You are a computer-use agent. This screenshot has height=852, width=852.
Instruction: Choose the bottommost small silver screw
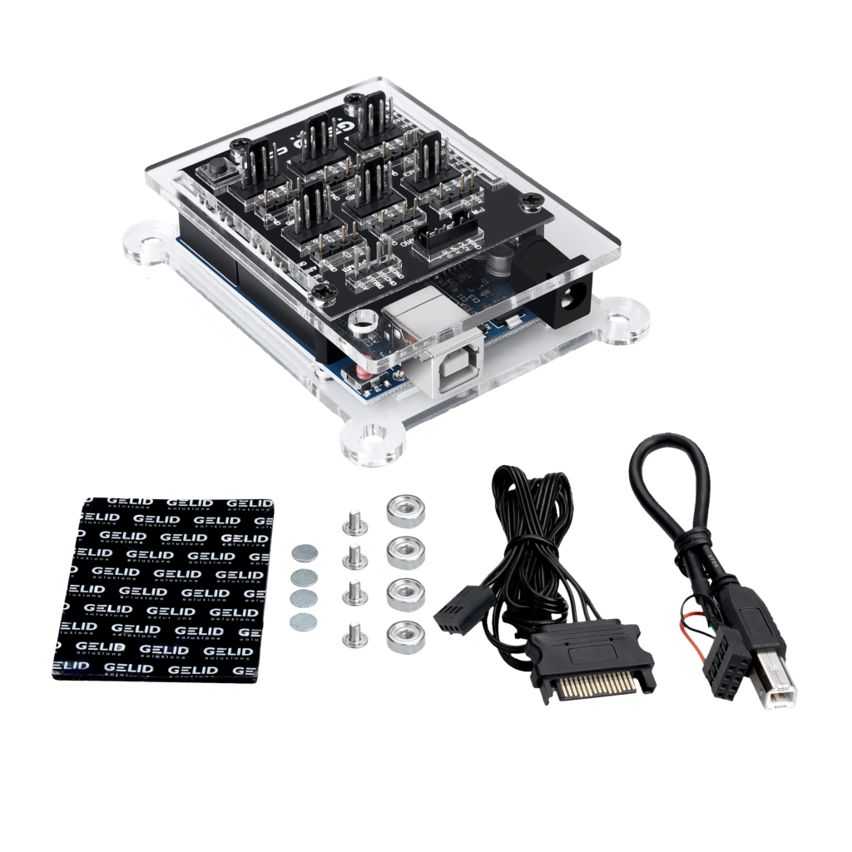(x=352, y=637)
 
